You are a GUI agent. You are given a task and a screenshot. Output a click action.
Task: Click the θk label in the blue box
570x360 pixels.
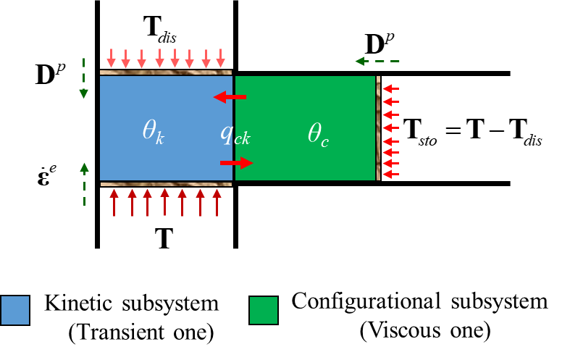[153, 131]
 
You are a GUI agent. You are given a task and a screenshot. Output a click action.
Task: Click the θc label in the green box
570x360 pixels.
[318, 134]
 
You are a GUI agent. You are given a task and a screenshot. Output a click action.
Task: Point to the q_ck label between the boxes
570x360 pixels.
[235, 133]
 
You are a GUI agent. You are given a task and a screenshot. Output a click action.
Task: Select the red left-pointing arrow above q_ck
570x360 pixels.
[230, 97]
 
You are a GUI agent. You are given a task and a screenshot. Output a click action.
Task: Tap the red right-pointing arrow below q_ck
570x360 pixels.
[236, 163]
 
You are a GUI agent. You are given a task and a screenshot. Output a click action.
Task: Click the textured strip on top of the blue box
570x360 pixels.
[165, 72]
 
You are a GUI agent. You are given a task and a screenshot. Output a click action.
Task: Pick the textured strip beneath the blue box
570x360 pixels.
[165, 184]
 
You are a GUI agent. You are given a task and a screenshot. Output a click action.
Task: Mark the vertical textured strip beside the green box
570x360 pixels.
[378, 127]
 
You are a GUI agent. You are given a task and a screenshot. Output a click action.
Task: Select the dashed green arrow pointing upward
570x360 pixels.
[84, 183]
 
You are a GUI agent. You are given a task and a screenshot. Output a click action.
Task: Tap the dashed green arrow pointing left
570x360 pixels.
[377, 62]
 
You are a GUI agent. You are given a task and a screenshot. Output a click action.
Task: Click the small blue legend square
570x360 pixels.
[15, 310]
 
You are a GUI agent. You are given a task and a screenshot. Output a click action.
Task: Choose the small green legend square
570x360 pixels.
[264, 310]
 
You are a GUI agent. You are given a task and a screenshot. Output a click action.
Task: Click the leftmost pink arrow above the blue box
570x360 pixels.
[111, 59]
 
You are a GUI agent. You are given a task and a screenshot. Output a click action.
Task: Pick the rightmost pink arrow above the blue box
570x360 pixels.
[220, 59]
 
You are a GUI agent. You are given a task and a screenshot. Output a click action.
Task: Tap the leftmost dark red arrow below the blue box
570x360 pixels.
[114, 202]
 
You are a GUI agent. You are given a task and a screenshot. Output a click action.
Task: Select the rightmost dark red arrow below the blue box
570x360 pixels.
[217, 202]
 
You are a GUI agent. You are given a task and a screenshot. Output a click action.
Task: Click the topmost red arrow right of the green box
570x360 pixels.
[390, 88]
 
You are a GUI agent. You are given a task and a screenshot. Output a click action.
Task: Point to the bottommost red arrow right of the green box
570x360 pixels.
[390, 174]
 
